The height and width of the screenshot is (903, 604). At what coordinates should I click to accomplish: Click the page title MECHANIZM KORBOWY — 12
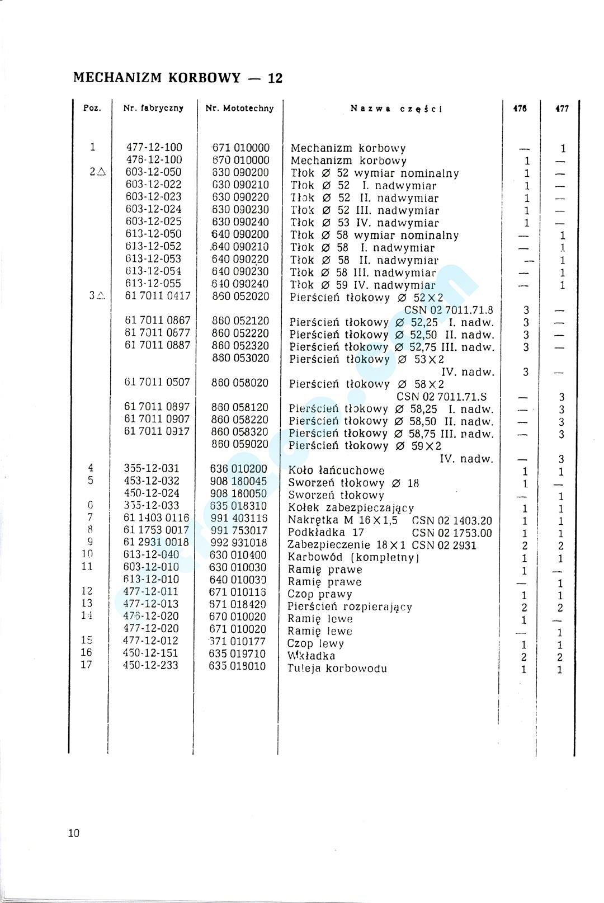coord(178,78)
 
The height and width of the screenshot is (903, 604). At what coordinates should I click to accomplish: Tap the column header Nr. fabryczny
coord(153,109)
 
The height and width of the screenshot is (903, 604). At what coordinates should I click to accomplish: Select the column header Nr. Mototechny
coord(240,109)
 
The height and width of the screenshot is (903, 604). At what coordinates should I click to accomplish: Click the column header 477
coord(561,109)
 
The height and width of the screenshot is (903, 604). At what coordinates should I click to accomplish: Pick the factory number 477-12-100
coord(153,148)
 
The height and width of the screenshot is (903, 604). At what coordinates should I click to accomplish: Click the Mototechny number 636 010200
coord(239,469)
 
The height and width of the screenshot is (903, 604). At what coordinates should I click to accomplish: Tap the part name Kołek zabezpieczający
coord(351,508)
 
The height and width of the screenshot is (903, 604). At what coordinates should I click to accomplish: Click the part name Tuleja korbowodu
coord(337,668)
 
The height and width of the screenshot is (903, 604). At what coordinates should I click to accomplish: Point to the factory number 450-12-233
coord(151,665)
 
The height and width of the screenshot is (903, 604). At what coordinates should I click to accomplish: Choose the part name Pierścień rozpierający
coord(350,606)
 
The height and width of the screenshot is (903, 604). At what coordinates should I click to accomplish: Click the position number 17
coord(86,665)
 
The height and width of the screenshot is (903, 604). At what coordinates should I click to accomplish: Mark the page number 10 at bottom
coord(74,833)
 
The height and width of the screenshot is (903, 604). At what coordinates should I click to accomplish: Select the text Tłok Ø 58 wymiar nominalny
coord(374,235)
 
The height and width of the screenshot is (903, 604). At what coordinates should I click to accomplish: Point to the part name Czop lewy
coord(315,643)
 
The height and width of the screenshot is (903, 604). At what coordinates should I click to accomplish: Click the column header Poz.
coord(92,109)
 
